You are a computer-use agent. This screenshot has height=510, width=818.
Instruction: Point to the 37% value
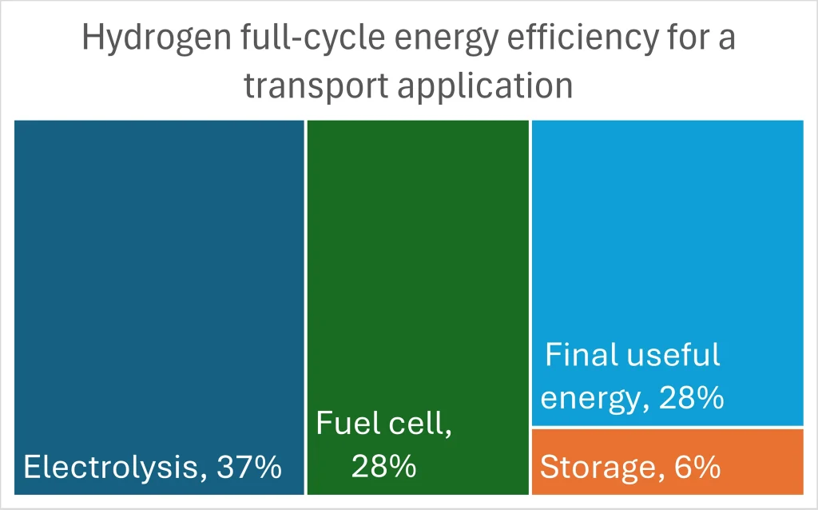(248, 467)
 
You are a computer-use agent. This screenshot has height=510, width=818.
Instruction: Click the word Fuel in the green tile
(341, 423)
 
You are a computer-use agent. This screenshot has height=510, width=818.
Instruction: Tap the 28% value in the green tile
(383, 466)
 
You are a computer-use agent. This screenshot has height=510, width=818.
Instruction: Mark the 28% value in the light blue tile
(692, 397)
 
